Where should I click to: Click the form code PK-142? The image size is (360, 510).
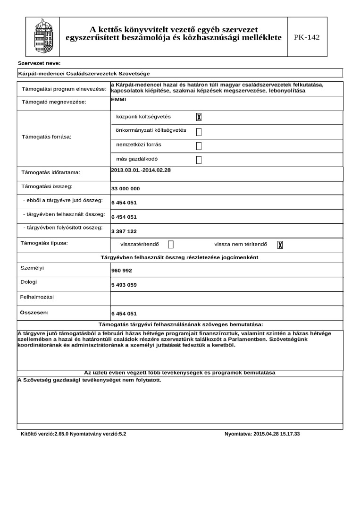tap(307, 37)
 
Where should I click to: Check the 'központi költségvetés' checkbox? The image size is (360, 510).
tap(199, 117)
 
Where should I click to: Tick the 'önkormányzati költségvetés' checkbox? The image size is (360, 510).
tap(199, 131)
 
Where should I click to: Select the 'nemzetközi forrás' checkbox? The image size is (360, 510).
tap(199, 145)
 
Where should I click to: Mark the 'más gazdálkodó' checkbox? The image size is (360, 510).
tap(199, 160)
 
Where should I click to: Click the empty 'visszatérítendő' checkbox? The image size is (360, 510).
tap(171, 245)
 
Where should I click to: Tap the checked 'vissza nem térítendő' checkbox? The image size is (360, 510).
tap(280, 245)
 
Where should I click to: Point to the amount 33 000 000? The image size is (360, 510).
tap(126, 189)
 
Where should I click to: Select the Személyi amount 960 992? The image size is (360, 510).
tap(122, 271)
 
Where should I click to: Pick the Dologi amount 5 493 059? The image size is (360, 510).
tap(124, 285)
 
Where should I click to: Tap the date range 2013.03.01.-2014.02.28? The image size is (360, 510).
tap(141, 170)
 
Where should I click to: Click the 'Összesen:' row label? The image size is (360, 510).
tap(34, 313)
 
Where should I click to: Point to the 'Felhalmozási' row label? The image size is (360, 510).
tap(37, 297)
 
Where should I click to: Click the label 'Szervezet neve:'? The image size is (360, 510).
tap(39, 63)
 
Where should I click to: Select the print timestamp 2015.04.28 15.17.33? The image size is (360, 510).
tap(262, 433)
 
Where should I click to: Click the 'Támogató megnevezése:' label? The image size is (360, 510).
tap(54, 102)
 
